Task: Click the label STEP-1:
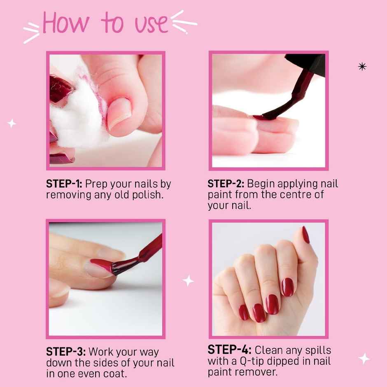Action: (64, 184)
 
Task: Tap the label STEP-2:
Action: (226, 184)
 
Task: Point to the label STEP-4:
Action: (229, 350)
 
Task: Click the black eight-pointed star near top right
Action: (362, 66)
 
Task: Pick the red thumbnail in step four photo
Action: (305, 234)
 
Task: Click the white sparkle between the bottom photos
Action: (188, 281)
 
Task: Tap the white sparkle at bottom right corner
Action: (364, 358)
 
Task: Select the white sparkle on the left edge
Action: (12, 123)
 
